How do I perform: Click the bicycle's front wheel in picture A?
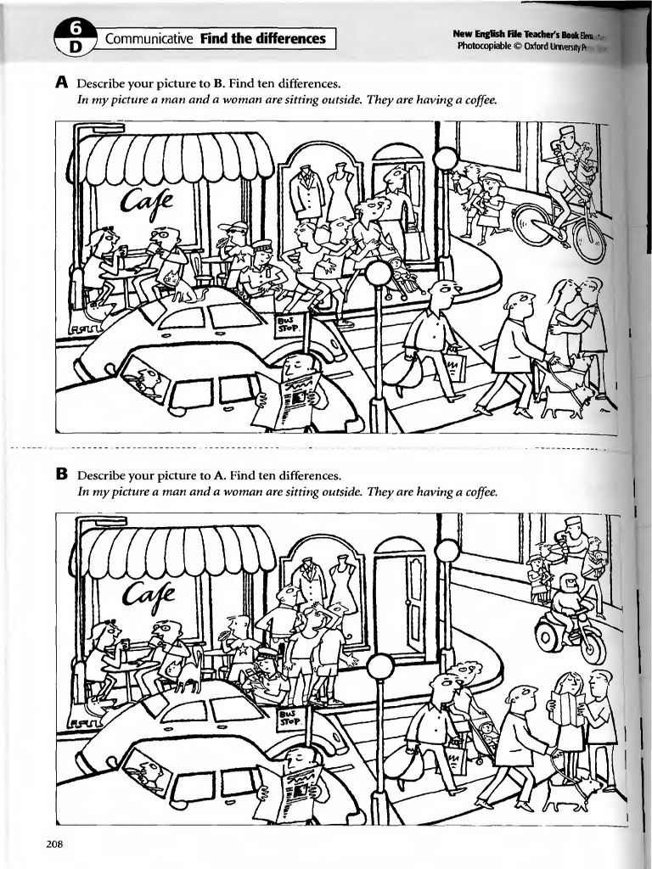[x=535, y=225]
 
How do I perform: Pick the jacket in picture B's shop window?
[x=309, y=583]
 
